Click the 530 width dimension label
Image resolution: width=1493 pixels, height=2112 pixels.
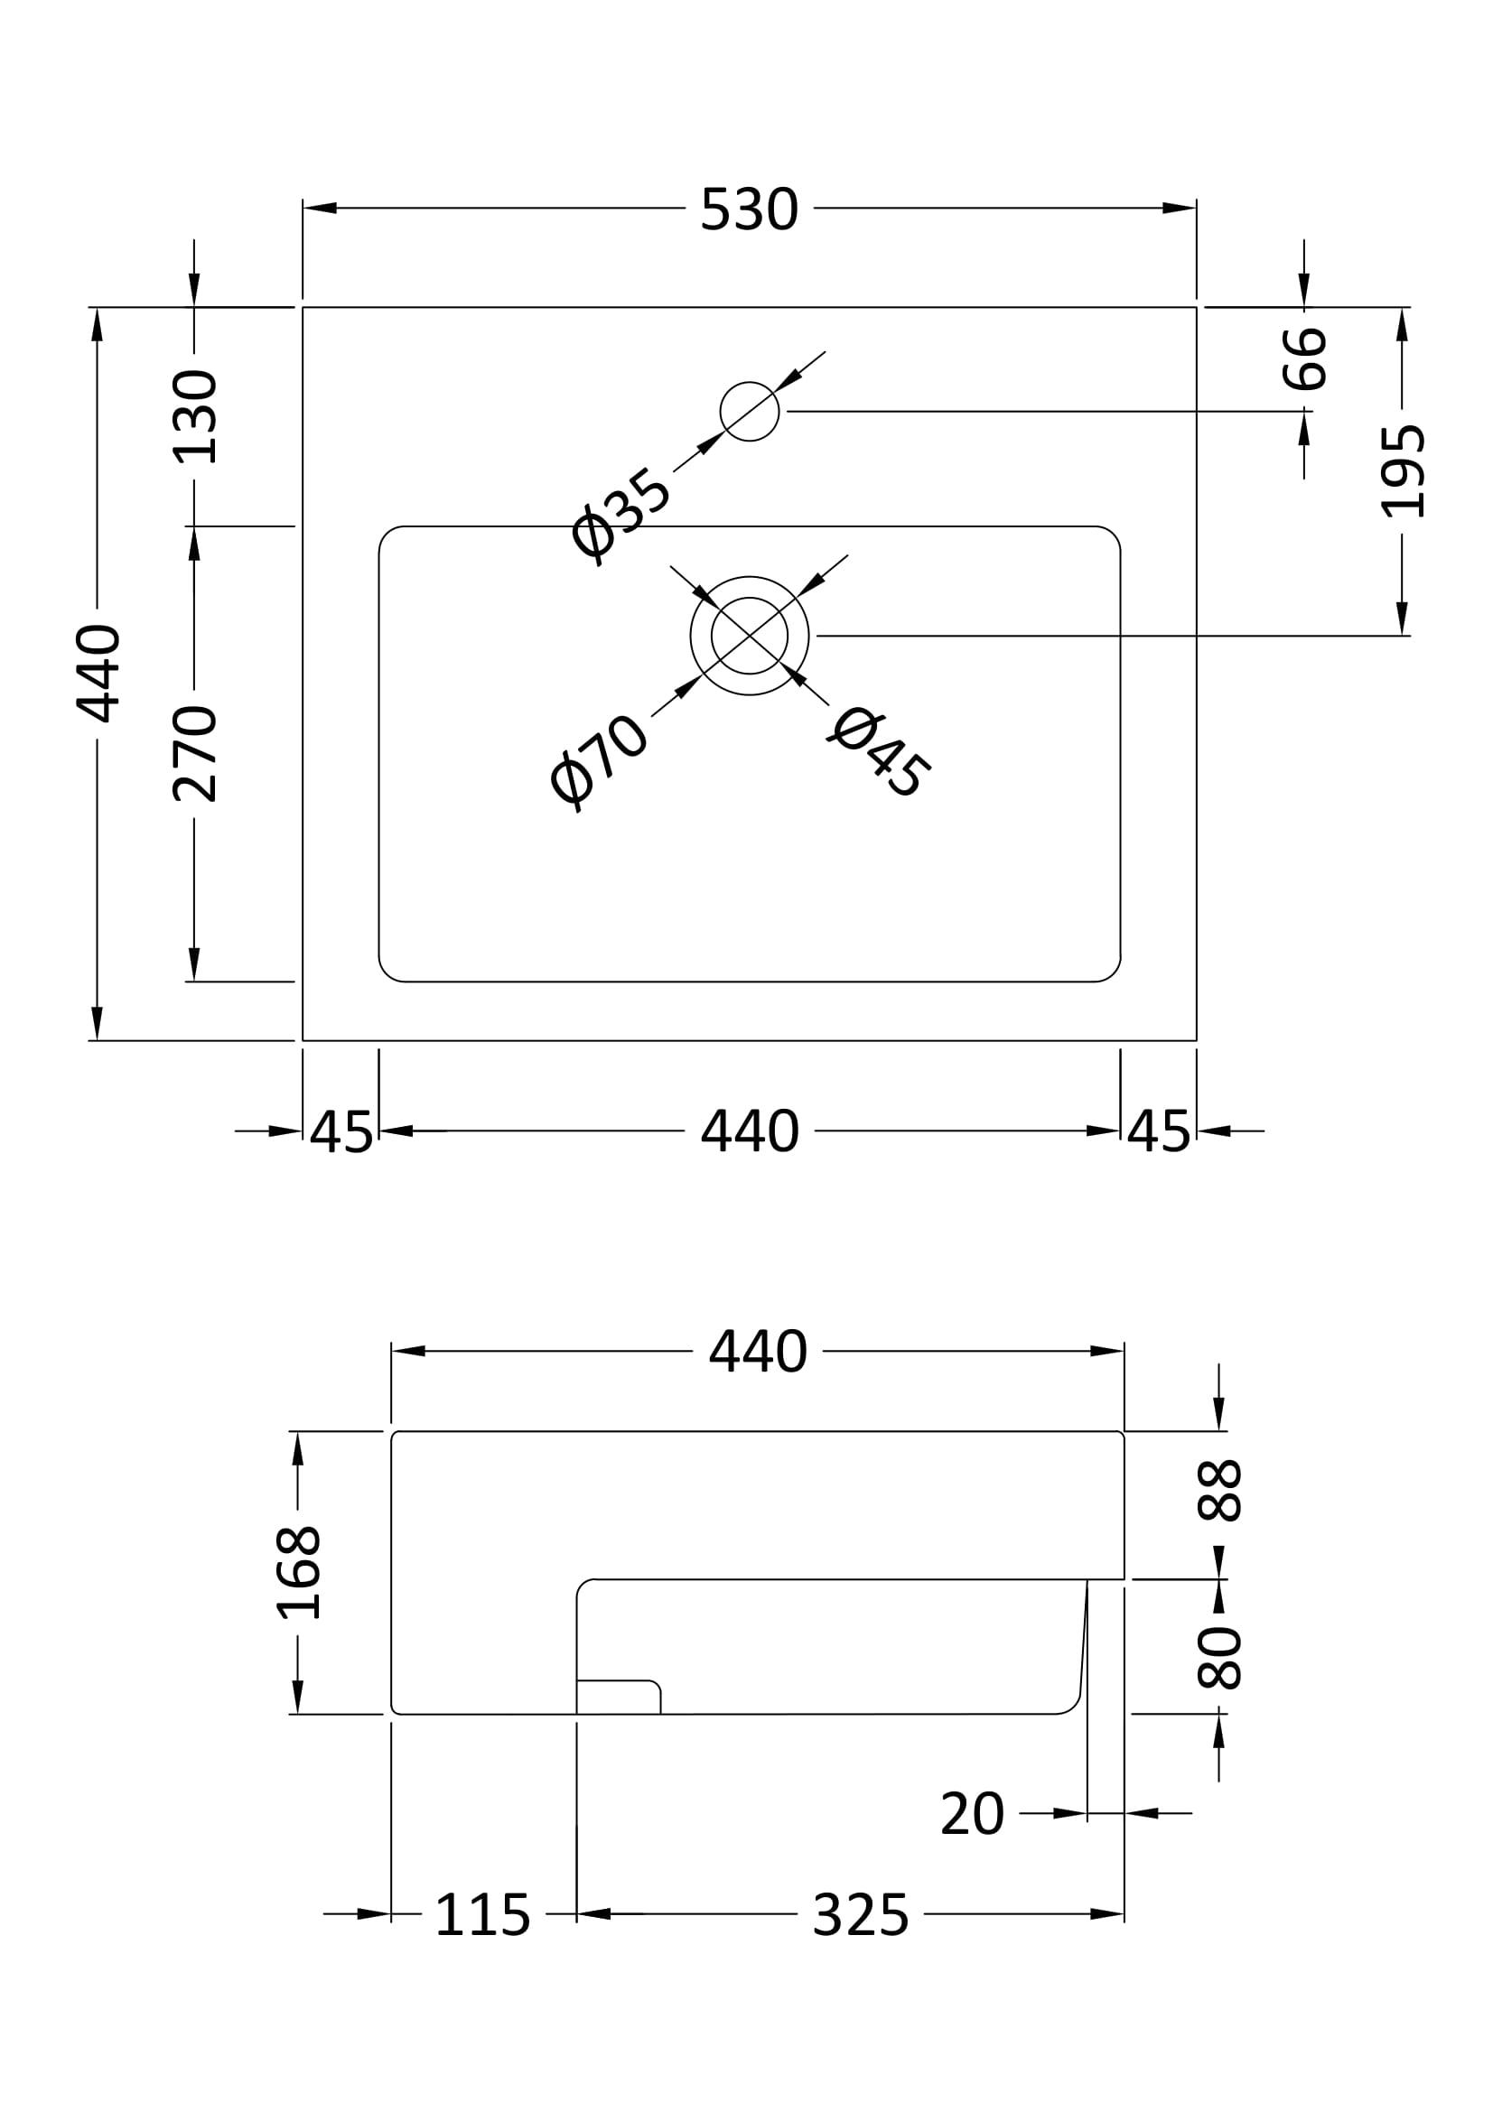(x=749, y=209)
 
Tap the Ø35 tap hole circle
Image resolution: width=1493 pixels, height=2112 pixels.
(x=749, y=411)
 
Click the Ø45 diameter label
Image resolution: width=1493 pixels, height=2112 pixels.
(x=880, y=751)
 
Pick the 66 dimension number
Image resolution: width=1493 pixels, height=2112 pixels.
(x=1304, y=358)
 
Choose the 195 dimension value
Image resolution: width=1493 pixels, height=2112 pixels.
(x=1404, y=471)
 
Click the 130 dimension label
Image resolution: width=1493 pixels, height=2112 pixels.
(x=195, y=416)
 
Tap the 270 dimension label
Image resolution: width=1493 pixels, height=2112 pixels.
(x=195, y=754)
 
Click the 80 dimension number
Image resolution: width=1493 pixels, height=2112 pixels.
(x=1220, y=1657)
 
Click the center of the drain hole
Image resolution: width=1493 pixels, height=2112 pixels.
(x=749, y=636)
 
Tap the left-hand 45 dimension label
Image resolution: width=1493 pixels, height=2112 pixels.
(x=341, y=1132)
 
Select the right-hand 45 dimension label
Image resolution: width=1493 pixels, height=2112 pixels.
(x=1158, y=1132)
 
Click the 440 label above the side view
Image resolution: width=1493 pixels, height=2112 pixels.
(x=757, y=1352)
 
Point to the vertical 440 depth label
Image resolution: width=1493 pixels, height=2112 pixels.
(x=98, y=674)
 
